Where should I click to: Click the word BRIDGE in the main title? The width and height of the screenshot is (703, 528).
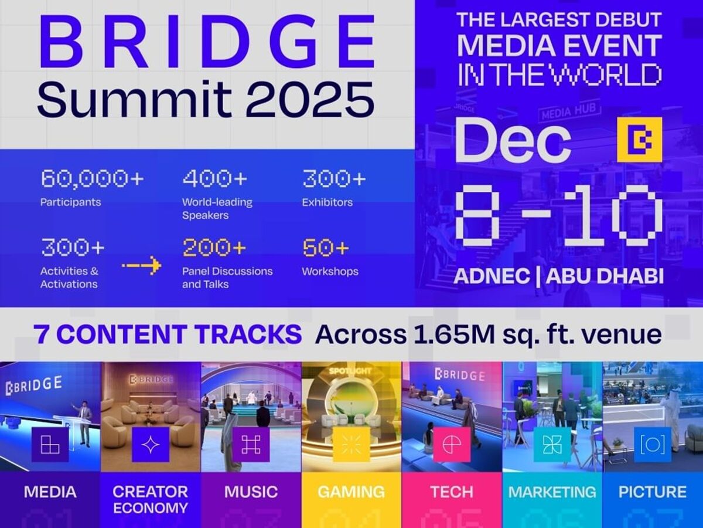pos(207,43)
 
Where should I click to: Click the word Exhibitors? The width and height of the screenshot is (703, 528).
pos(327,202)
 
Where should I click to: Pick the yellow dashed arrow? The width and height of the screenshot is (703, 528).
pos(141,266)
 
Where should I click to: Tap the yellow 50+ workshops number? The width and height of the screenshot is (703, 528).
pos(326,248)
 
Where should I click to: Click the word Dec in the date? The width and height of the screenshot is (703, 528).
pos(513,140)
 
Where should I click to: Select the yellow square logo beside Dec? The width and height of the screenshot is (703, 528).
pos(639,140)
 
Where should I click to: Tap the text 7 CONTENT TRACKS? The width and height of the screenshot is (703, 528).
pos(168,334)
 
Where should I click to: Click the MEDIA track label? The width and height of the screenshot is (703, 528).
pos(50,492)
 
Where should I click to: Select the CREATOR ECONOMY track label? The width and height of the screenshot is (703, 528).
pos(151,499)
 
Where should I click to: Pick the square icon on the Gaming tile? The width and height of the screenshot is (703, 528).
pos(351,445)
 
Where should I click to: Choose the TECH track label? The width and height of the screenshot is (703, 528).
pos(452,492)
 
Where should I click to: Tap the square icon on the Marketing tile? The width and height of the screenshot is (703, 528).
pos(552,445)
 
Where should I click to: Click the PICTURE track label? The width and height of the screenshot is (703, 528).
pos(652,492)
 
